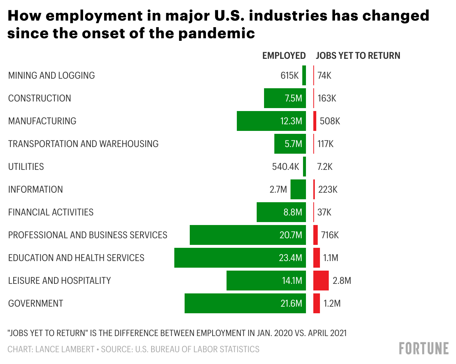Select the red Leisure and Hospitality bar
321,281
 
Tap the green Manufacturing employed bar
271,121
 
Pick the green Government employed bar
245,303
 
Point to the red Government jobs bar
316,303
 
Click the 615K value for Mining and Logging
289,75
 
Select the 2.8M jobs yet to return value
342,281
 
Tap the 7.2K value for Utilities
325,167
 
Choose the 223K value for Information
328,189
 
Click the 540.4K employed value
285,167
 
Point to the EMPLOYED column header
284,56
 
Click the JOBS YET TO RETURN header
358,56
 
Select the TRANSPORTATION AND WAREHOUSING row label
83,144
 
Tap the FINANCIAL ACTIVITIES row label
51,212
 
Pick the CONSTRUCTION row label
39,98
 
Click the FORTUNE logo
424,348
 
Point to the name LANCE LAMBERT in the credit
65,349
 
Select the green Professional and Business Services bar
247,235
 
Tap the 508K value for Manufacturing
330,121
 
